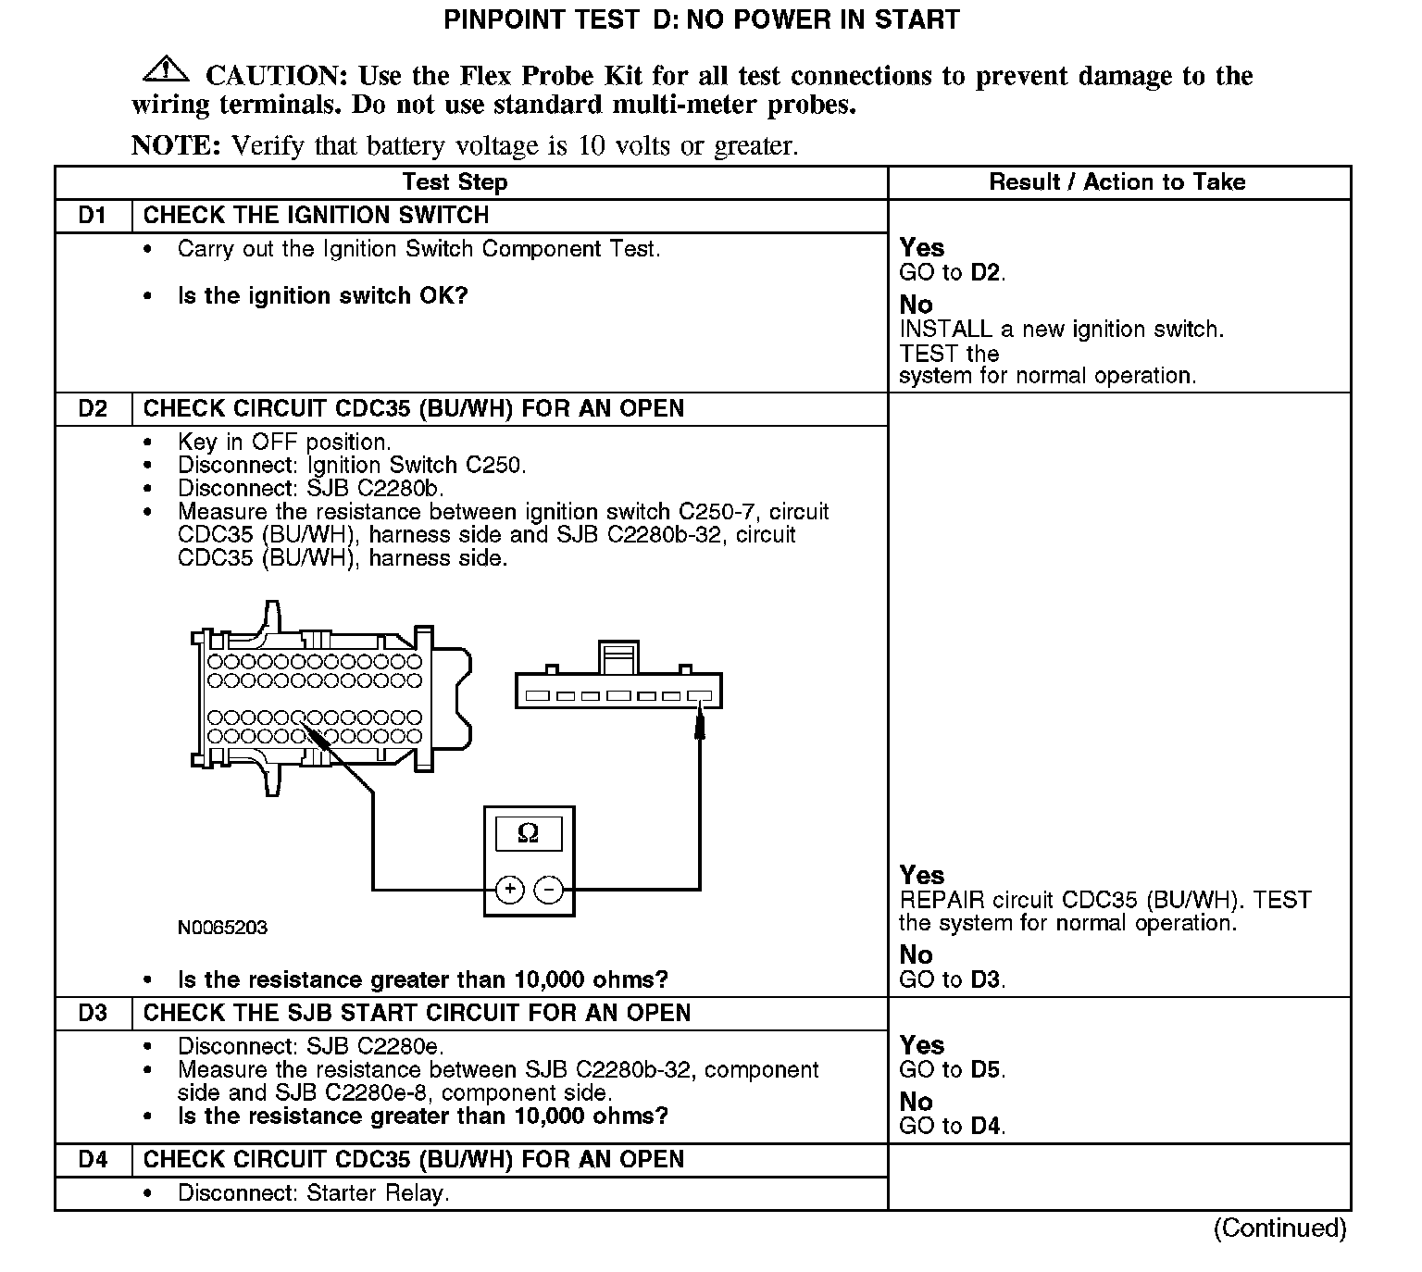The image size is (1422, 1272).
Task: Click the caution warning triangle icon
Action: point(166,69)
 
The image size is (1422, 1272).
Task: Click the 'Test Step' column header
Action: point(455,182)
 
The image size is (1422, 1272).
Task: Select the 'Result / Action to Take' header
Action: point(1117,182)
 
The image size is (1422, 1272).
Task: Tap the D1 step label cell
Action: point(93,216)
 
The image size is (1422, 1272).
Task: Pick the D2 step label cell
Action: point(93,409)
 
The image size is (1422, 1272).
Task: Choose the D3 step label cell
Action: point(93,1013)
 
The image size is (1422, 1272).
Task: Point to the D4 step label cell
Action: point(93,1160)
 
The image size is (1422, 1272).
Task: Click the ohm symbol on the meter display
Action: point(529,833)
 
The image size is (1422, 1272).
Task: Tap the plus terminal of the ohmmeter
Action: point(510,890)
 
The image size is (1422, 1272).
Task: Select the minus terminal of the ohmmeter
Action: point(549,890)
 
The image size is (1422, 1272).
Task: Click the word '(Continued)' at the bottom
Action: point(1279,1228)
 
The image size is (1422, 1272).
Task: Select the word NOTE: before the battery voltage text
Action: point(176,146)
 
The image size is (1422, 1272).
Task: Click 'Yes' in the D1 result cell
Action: point(922,248)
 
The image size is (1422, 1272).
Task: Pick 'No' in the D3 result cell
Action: point(916,1102)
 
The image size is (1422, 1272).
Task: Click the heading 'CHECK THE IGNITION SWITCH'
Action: point(316,216)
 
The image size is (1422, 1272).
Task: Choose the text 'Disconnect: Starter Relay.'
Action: point(313,1193)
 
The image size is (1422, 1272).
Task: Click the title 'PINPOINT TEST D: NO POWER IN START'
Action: point(702,20)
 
